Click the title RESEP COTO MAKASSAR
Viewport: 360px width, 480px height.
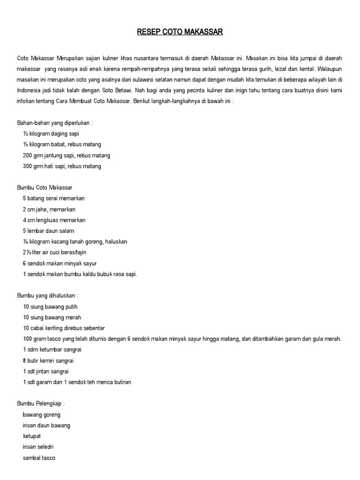[180, 32]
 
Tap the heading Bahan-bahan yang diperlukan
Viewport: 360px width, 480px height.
[55, 123]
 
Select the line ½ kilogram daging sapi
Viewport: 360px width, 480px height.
[51, 134]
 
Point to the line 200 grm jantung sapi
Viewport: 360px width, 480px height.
[66, 155]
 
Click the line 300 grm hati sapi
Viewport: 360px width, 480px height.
[61, 166]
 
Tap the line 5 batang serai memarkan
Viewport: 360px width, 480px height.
[53, 198]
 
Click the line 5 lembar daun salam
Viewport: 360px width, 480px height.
[48, 231]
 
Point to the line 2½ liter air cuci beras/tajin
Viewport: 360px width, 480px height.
[54, 252]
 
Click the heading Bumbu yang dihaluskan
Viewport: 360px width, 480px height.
[47, 296]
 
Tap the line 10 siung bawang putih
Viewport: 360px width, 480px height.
[50, 307]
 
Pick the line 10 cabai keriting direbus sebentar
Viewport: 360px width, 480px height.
[63, 328]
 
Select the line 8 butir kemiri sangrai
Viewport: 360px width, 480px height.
[48, 360]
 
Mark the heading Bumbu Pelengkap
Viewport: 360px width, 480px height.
[41, 404]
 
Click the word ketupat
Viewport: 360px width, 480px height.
[32, 436]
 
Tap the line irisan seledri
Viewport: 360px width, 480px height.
[38, 447]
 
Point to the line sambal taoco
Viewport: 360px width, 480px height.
[39, 457]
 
